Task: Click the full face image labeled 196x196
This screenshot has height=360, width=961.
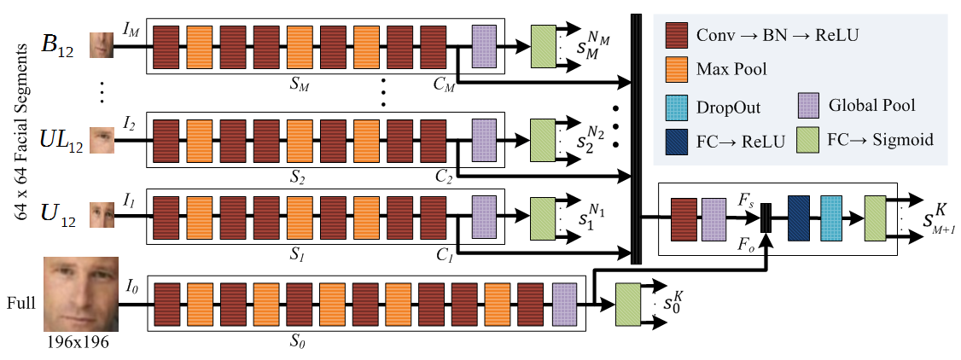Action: pos(81,293)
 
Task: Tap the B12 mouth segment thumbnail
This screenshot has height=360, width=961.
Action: pos(102,45)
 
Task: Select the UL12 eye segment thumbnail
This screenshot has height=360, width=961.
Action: pos(102,140)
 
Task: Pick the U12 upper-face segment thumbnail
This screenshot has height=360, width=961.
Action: pos(102,215)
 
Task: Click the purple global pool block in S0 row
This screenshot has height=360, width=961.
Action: pos(564,304)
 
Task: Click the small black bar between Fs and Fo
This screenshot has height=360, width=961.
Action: pos(765,218)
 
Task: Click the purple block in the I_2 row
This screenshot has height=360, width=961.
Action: pos(484,140)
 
